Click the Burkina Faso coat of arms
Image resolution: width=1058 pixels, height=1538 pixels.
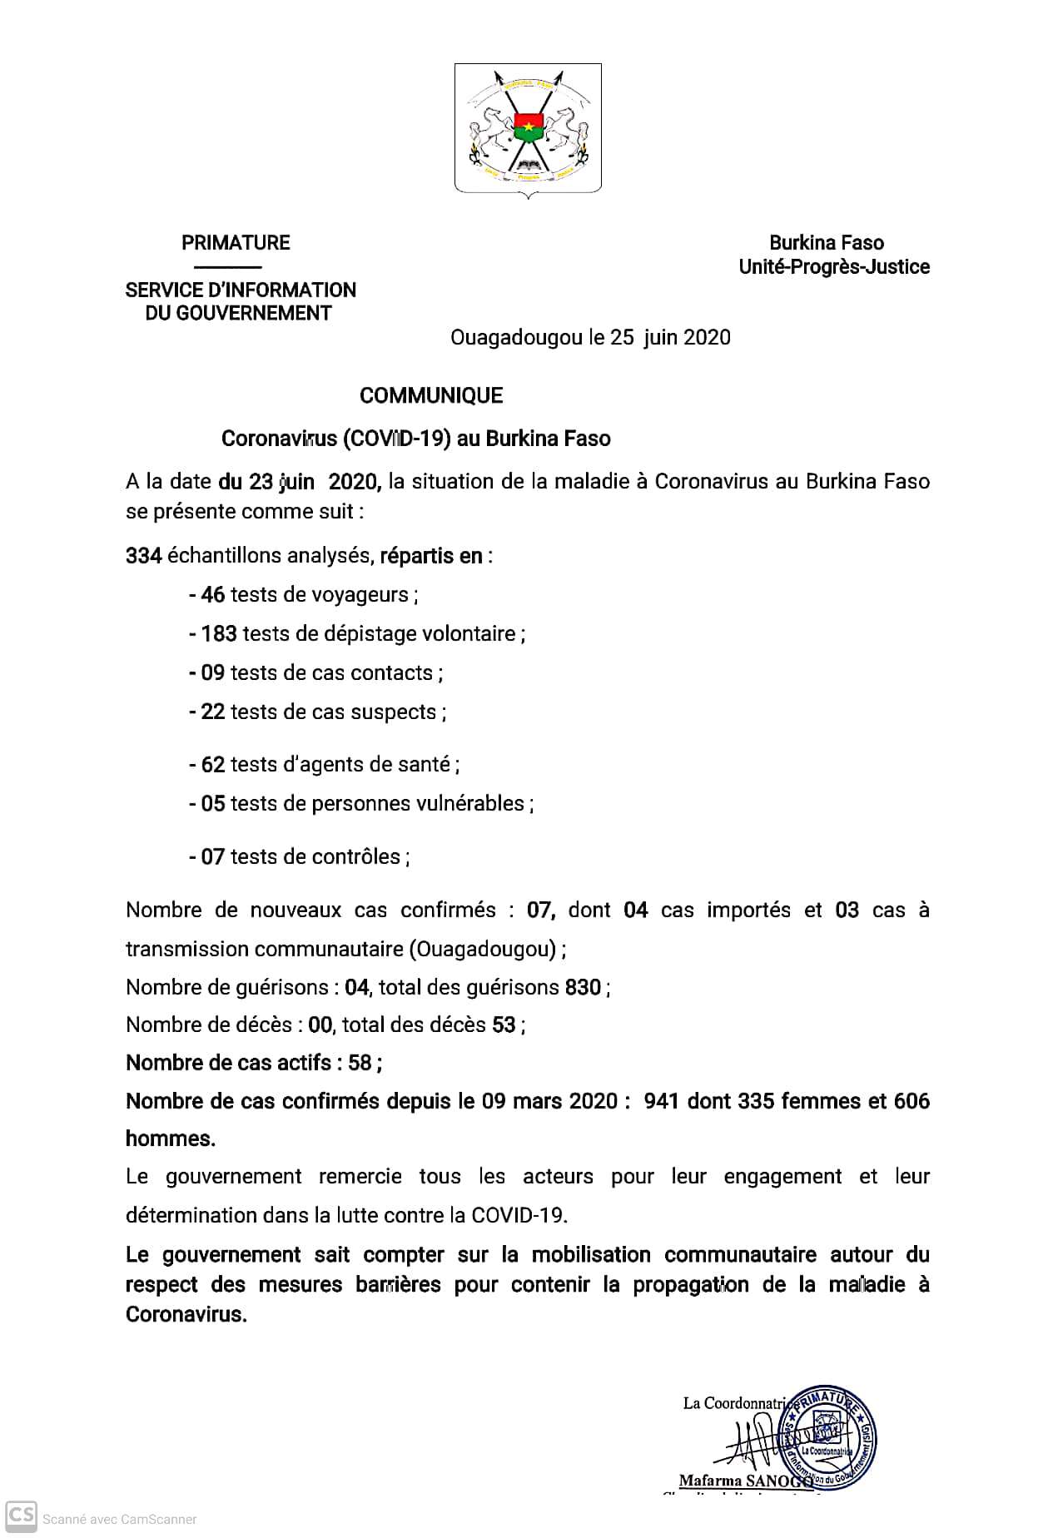pos(528,129)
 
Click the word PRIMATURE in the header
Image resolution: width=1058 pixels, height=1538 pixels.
pos(236,243)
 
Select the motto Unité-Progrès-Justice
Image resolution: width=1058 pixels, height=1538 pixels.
pos(834,267)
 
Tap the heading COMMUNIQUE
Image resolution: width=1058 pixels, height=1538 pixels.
pos(431,395)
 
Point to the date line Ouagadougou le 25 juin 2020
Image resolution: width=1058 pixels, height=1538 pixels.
pos(590,337)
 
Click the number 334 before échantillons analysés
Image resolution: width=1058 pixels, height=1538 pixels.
pos(143,556)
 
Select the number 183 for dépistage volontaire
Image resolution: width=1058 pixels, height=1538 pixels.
pos(219,634)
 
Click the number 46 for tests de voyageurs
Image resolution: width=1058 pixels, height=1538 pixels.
pos(213,595)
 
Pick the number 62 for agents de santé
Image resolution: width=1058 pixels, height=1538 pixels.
pos(213,764)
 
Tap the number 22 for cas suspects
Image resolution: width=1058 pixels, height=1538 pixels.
pos(213,712)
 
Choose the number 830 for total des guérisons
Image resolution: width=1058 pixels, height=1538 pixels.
pos(583,988)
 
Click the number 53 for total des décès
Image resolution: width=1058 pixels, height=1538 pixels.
pos(504,1025)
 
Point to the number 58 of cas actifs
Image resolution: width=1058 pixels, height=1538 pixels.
pos(360,1063)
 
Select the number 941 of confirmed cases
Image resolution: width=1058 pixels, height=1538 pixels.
pos(661,1101)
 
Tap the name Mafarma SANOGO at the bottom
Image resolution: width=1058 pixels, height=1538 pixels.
pos(745,1481)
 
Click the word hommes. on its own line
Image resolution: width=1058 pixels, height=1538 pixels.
pos(171,1139)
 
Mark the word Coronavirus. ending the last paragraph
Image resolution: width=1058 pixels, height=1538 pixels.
pos(186,1315)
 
